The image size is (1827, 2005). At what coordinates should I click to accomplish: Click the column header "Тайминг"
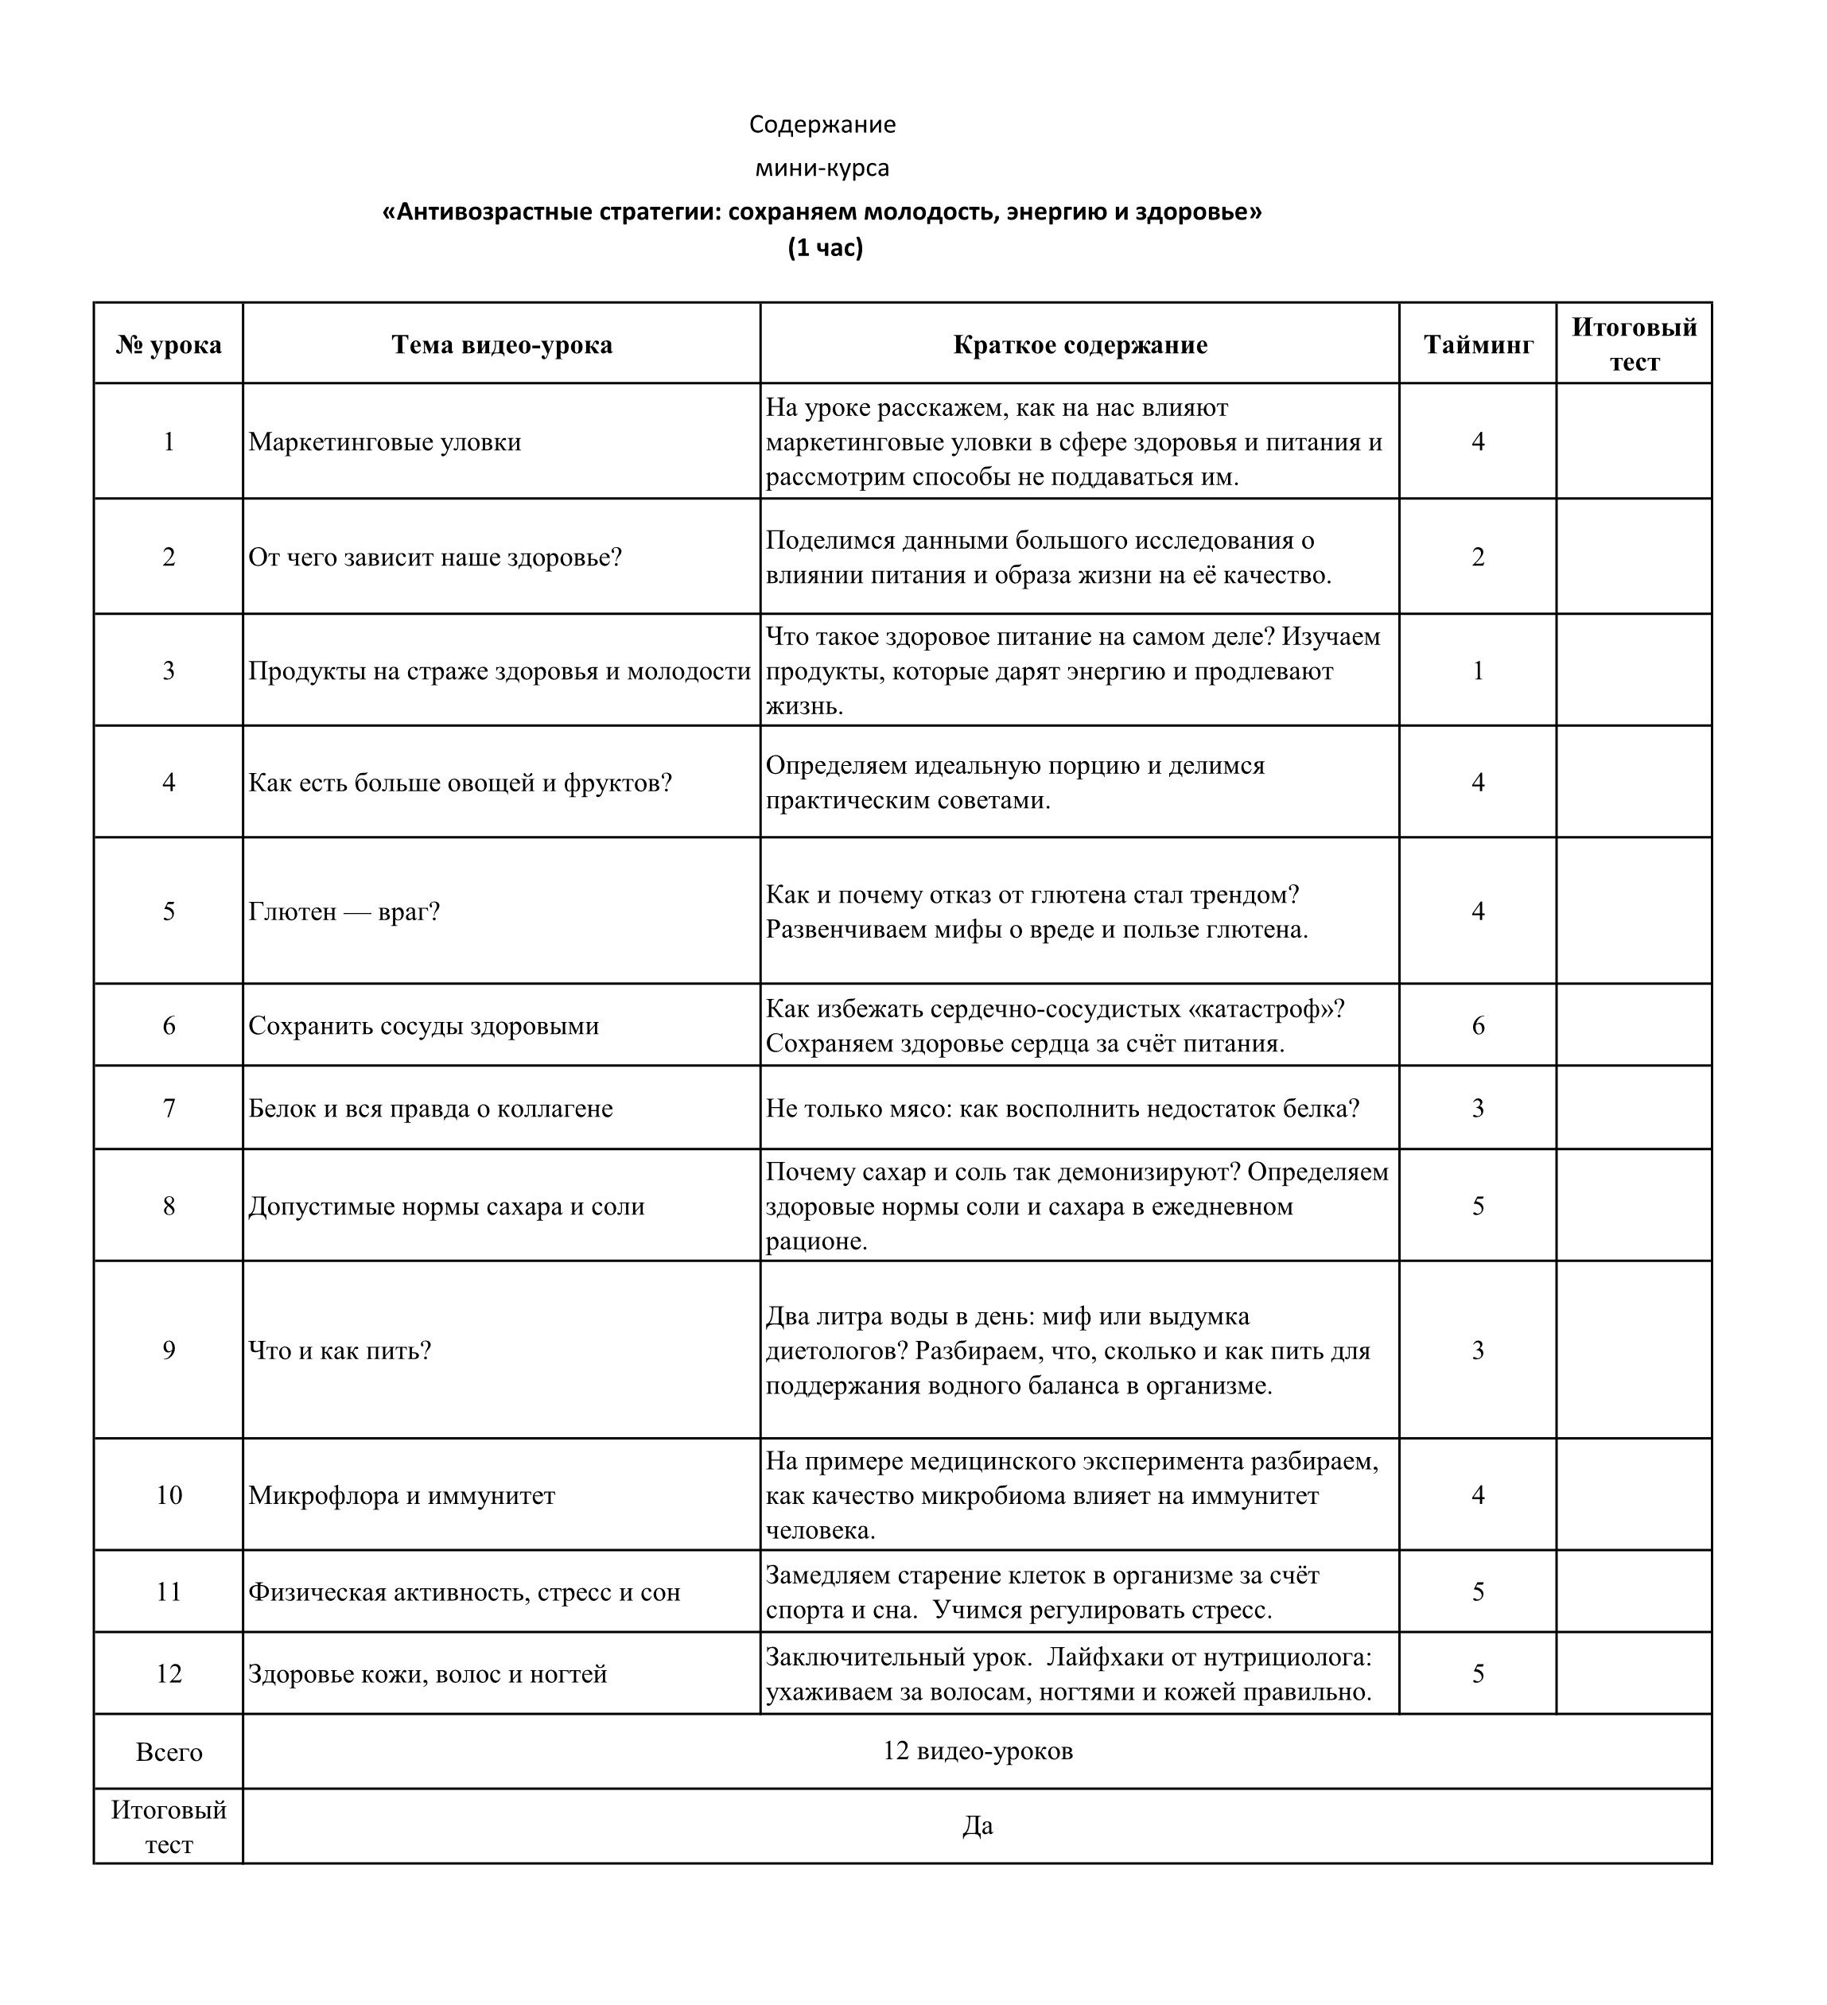point(1477,344)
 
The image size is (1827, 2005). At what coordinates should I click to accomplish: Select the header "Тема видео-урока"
point(501,344)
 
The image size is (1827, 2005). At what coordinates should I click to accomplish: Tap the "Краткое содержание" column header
point(1079,344)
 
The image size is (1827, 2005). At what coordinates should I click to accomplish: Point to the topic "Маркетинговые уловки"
point(384,441)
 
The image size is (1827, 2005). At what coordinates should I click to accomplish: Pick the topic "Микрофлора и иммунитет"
point(401,1494)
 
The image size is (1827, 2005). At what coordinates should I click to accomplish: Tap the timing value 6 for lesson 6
point(1477,1025)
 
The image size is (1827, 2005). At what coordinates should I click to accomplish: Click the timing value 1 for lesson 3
point(1477,670)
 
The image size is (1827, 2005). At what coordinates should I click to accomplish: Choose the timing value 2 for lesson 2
point(1477,556)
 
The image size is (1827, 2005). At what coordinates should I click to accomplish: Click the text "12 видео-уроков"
point(977,1750)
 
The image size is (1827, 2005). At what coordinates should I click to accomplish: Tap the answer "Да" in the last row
point(977,1826)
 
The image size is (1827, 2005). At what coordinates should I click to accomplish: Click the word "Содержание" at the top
point(822,124)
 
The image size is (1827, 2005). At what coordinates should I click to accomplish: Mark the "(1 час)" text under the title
point(825,247)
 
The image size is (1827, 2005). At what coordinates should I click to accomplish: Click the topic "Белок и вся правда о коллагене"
point(430,1108)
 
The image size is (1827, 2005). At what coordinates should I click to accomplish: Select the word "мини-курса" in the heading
point(822,168)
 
